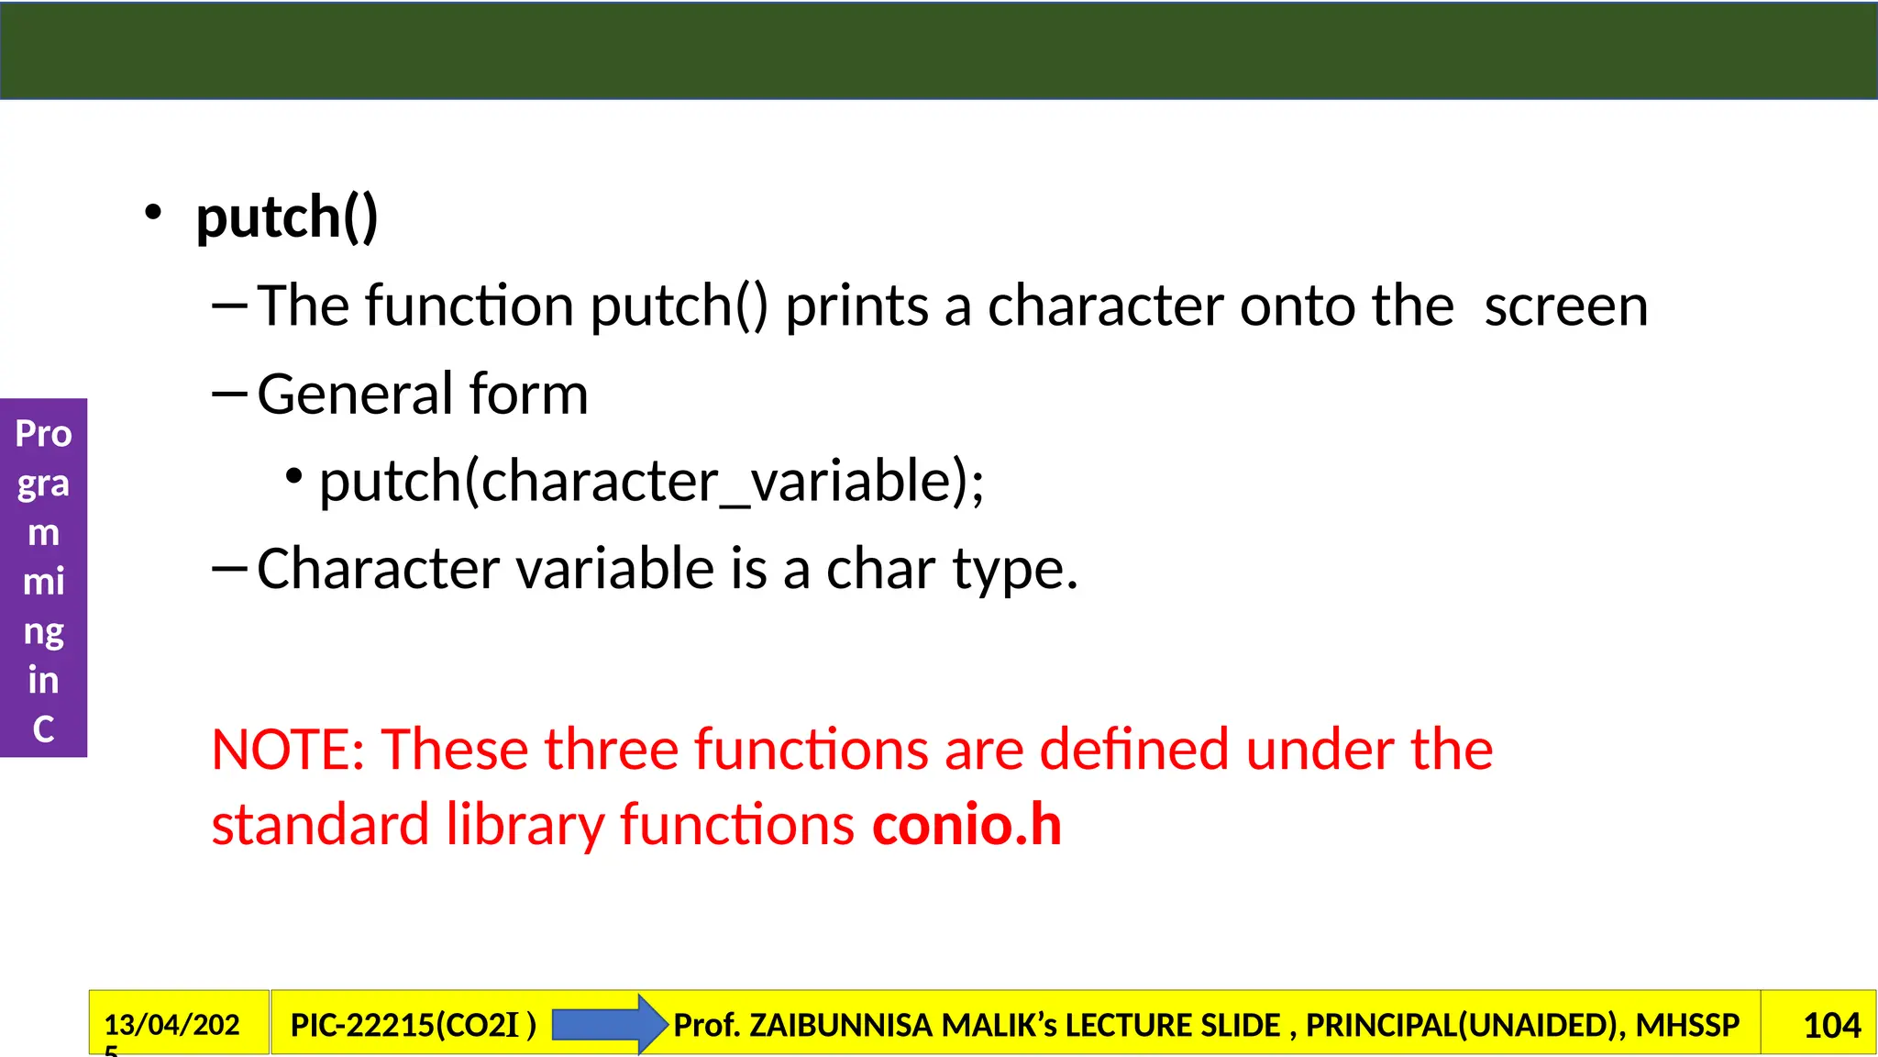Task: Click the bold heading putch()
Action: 287,217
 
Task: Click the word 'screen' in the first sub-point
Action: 1565,306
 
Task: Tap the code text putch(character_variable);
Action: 651,481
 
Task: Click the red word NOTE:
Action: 288,749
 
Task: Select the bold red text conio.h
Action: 967,824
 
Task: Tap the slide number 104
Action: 1831,1025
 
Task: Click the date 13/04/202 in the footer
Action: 172,1024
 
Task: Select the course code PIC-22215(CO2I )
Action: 413,1025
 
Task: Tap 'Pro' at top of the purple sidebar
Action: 43,434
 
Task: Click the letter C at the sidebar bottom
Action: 43,729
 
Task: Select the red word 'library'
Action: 525,824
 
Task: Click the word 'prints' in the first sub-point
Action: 856,306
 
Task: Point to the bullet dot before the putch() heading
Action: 152,214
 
